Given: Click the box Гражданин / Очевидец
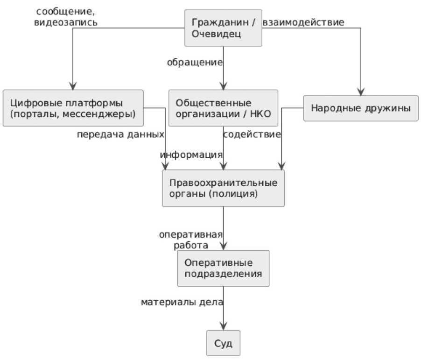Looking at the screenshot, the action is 223,28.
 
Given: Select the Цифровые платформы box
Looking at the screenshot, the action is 73,108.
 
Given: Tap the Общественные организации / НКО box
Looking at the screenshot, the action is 223,108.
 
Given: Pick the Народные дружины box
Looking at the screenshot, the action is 361,108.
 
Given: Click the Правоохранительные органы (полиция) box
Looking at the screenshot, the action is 223,188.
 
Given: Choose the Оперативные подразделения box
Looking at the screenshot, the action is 223,268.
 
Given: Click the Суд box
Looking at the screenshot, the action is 223,343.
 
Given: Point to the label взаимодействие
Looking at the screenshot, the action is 303,22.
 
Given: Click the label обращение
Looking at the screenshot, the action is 195,63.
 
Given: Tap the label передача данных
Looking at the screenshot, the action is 120,134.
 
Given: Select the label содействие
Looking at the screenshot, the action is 252,134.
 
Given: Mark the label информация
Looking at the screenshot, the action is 191,155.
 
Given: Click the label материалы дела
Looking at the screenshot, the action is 182,302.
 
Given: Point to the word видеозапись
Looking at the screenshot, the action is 65,22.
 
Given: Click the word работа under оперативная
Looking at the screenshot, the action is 190,245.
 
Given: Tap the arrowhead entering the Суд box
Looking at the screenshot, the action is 223,326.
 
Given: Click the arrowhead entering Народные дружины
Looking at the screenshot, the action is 361,92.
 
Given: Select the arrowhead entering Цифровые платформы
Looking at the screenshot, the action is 73,86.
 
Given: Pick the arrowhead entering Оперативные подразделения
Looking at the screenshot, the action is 223,246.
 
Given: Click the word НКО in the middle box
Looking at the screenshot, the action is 260,114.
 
